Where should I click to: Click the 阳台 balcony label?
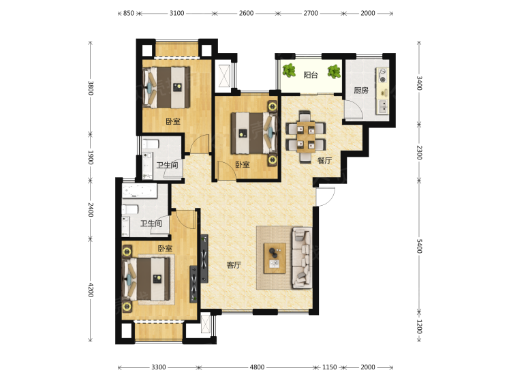(311, 75)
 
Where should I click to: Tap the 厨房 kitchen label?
(361, 90)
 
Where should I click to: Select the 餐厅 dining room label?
(324, 160)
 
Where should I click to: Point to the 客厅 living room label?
(234, 265)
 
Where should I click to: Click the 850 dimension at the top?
(128, 14)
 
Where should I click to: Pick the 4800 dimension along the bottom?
(257, 367)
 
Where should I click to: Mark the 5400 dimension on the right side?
(420, 246)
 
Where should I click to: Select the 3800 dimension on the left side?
(91, 88)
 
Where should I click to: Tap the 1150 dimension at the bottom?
(330, 367)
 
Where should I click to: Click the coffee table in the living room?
(275, 258)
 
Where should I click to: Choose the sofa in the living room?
(302, 258)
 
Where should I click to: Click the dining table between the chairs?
(306, 137)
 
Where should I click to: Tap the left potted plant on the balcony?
(289, 70)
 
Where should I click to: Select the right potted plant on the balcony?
(334, 72)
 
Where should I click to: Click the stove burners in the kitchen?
(383, 75)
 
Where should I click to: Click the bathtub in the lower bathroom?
(140, 191)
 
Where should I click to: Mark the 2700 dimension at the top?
(311, 14)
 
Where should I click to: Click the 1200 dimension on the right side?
(420, 326)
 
